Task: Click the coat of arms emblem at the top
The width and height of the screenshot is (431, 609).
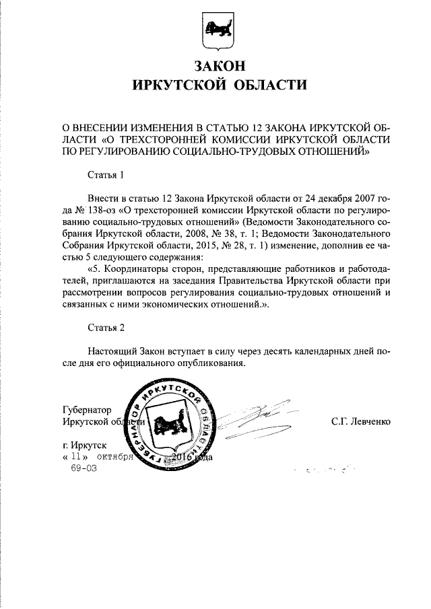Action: pyautogui.click(x=215, y=31)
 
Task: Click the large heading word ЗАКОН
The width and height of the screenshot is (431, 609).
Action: pyautogui.click(x=215, y=66)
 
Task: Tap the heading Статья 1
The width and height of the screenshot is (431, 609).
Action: pyautogui.click(x=106, y=176)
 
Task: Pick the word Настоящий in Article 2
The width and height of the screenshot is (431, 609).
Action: pyautogui.click(x=112, y=351)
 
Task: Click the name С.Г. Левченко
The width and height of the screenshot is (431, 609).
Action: pyautogui.click(x=360, y=421)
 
